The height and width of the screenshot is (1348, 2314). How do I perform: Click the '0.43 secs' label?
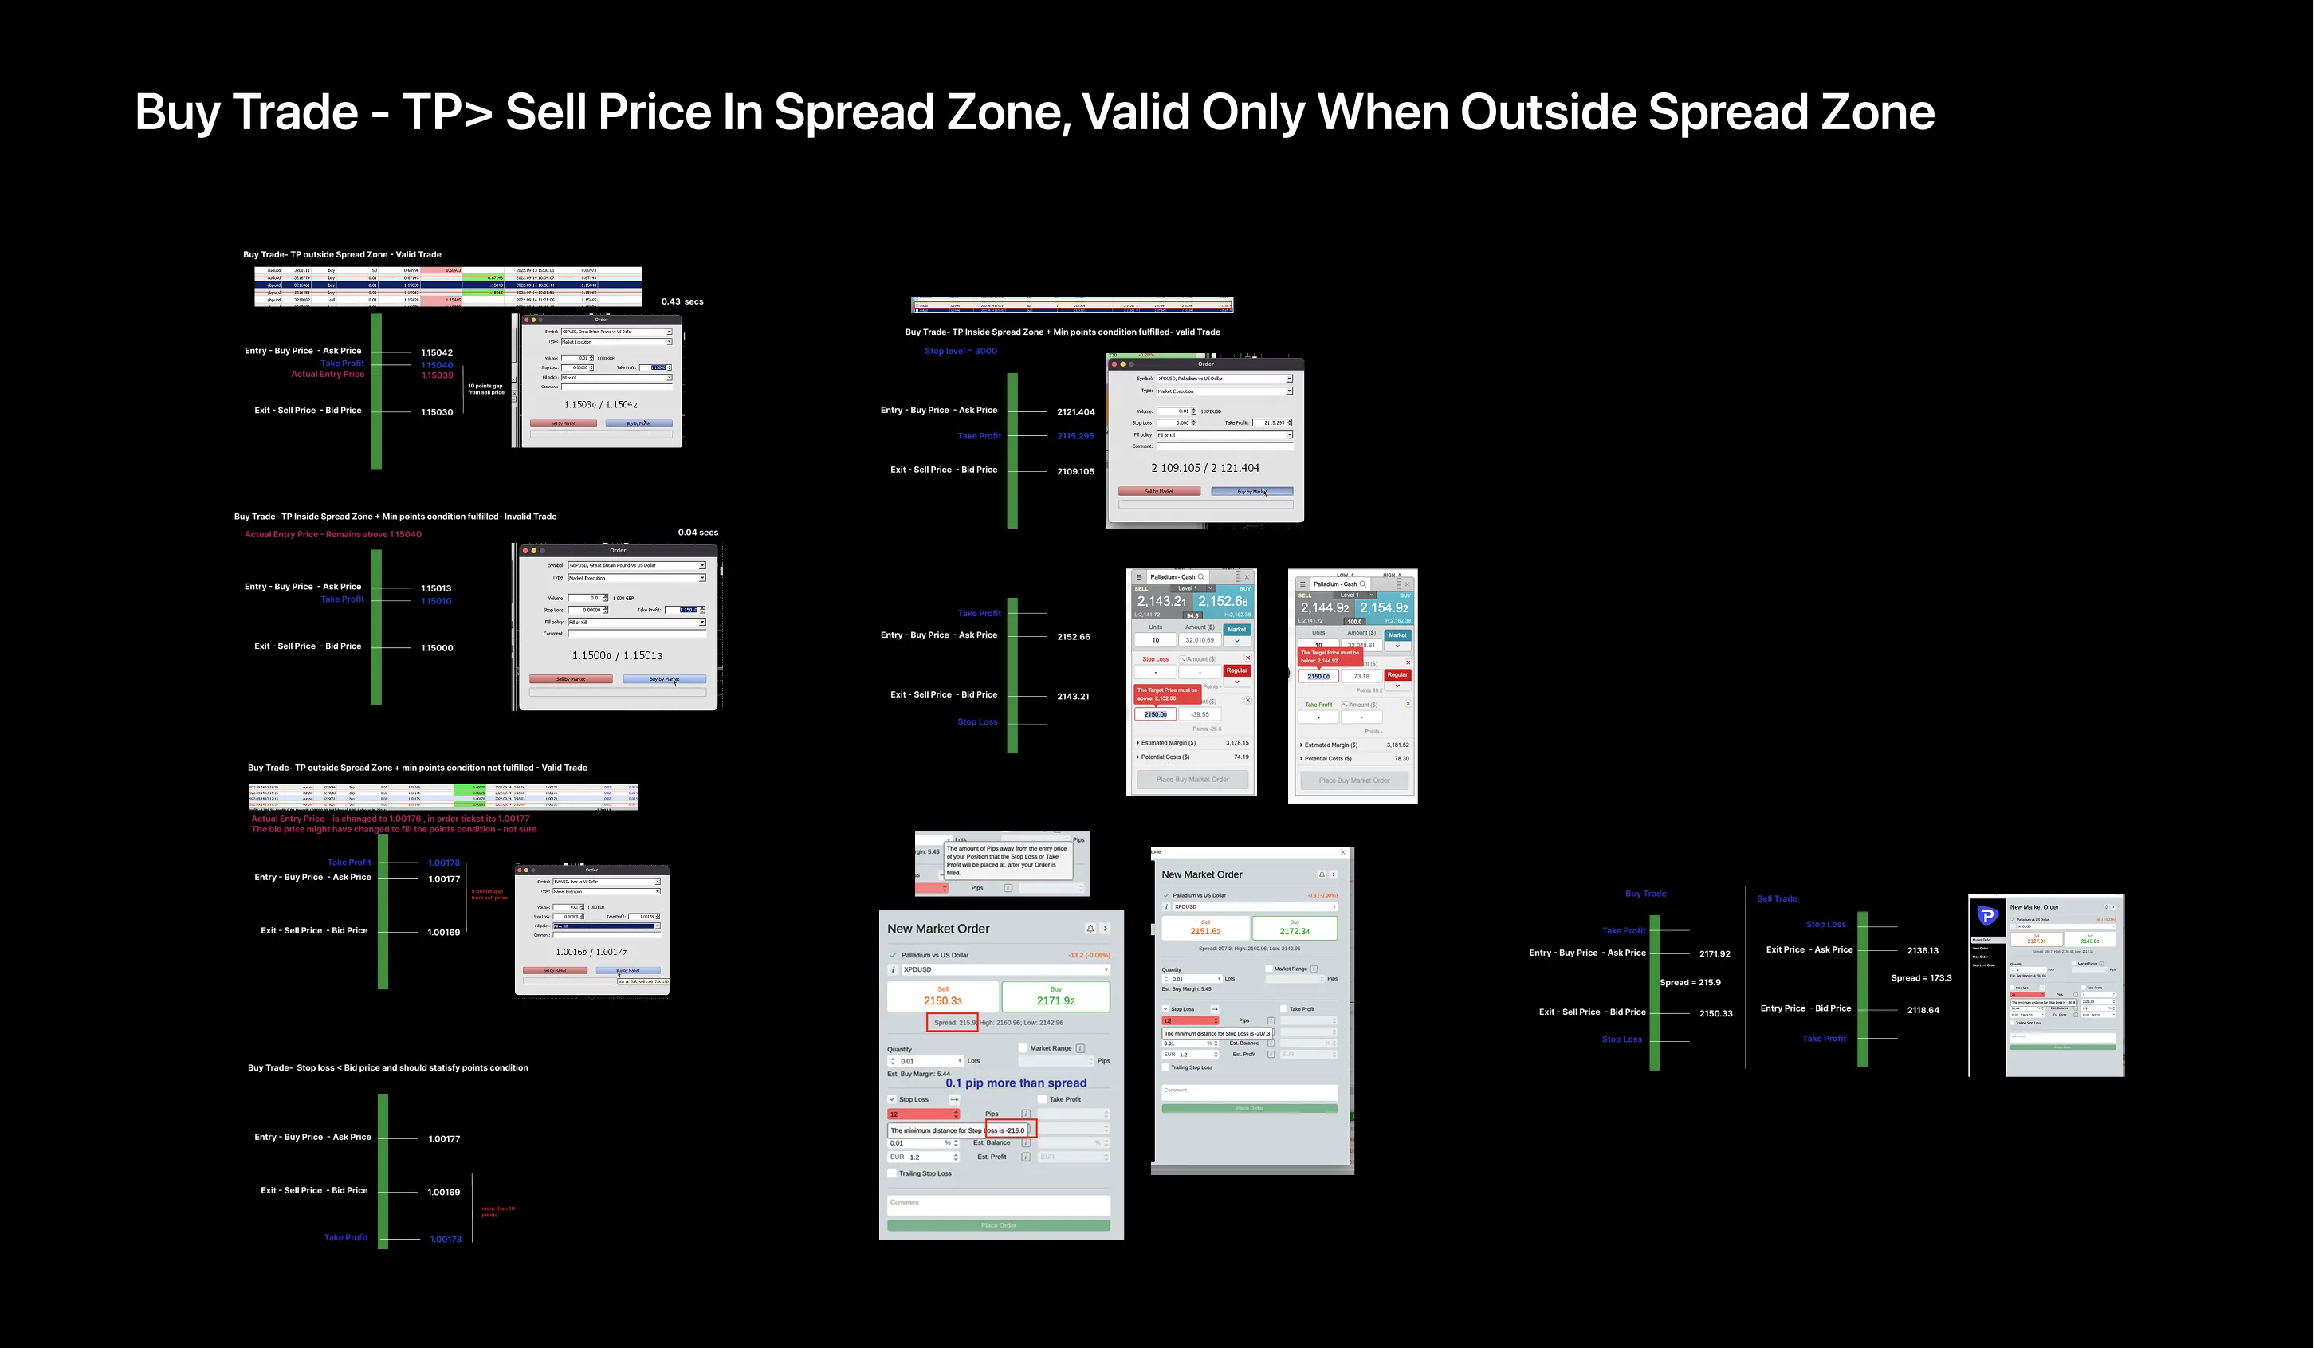pos(682,301)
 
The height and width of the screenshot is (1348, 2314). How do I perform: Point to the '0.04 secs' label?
pos(698,533)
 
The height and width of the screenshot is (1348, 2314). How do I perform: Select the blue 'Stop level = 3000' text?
pos(961,351)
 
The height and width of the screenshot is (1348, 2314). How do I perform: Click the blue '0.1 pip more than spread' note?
pos(1016,1083)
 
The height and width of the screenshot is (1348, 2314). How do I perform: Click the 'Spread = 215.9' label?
pos(1690,983)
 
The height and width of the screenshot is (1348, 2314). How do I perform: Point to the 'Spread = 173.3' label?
pos(1921,978)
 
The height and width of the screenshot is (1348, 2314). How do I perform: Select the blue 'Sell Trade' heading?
pos(1777,899)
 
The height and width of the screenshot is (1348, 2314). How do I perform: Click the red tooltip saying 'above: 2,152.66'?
pos(1166,694)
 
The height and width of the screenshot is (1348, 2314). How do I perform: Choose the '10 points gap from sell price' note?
pos(485,389)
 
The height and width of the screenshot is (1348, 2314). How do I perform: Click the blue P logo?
pos(1987,915)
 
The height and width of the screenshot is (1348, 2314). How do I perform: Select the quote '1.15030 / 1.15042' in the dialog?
pos(600,405)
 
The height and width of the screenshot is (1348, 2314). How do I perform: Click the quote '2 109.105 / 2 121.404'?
pos(1204,468)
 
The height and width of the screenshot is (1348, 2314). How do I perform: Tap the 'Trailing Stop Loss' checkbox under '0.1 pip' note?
pos(892,1173)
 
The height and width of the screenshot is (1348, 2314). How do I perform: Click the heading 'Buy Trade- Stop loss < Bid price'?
pos(387,1068)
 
